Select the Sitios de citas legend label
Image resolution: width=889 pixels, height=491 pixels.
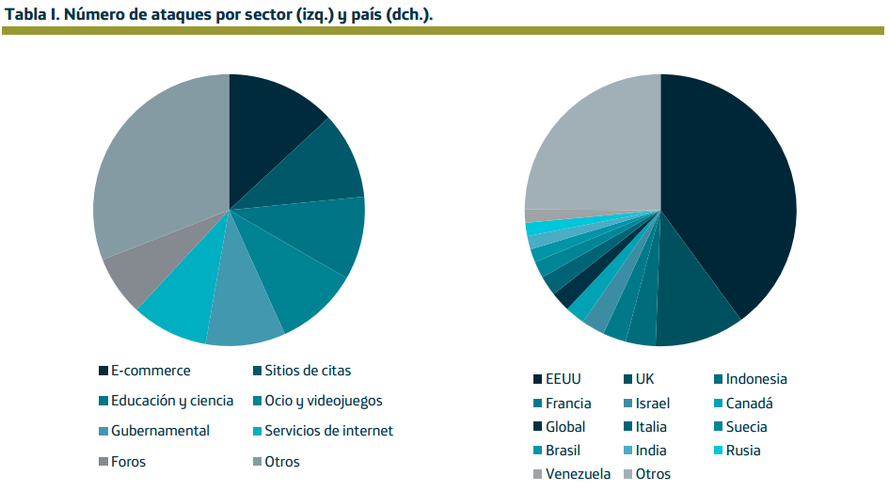coord(308,371)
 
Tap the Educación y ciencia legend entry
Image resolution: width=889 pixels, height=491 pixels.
coord(172,401)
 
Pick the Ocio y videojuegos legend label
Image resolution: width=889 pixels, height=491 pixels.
coord(324,401)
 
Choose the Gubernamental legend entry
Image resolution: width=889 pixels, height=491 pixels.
coord(160,431)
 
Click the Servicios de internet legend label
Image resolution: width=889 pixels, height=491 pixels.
coord(328,431)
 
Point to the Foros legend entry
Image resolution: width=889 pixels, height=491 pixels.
coord(128,462)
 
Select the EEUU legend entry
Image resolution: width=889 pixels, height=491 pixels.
coord(564,379)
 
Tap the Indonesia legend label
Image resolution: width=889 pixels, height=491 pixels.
coord(756,379)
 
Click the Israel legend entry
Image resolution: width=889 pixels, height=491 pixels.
coord(653,404)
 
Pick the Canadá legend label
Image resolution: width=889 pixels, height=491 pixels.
coord(749,404)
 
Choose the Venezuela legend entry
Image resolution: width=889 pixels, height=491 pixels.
coord(578,474)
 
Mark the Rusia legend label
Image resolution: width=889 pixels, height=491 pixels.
coord(743,451)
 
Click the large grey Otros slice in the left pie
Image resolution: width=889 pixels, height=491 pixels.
coord(155,169)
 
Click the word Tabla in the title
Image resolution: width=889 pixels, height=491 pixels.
coord(25,14)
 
